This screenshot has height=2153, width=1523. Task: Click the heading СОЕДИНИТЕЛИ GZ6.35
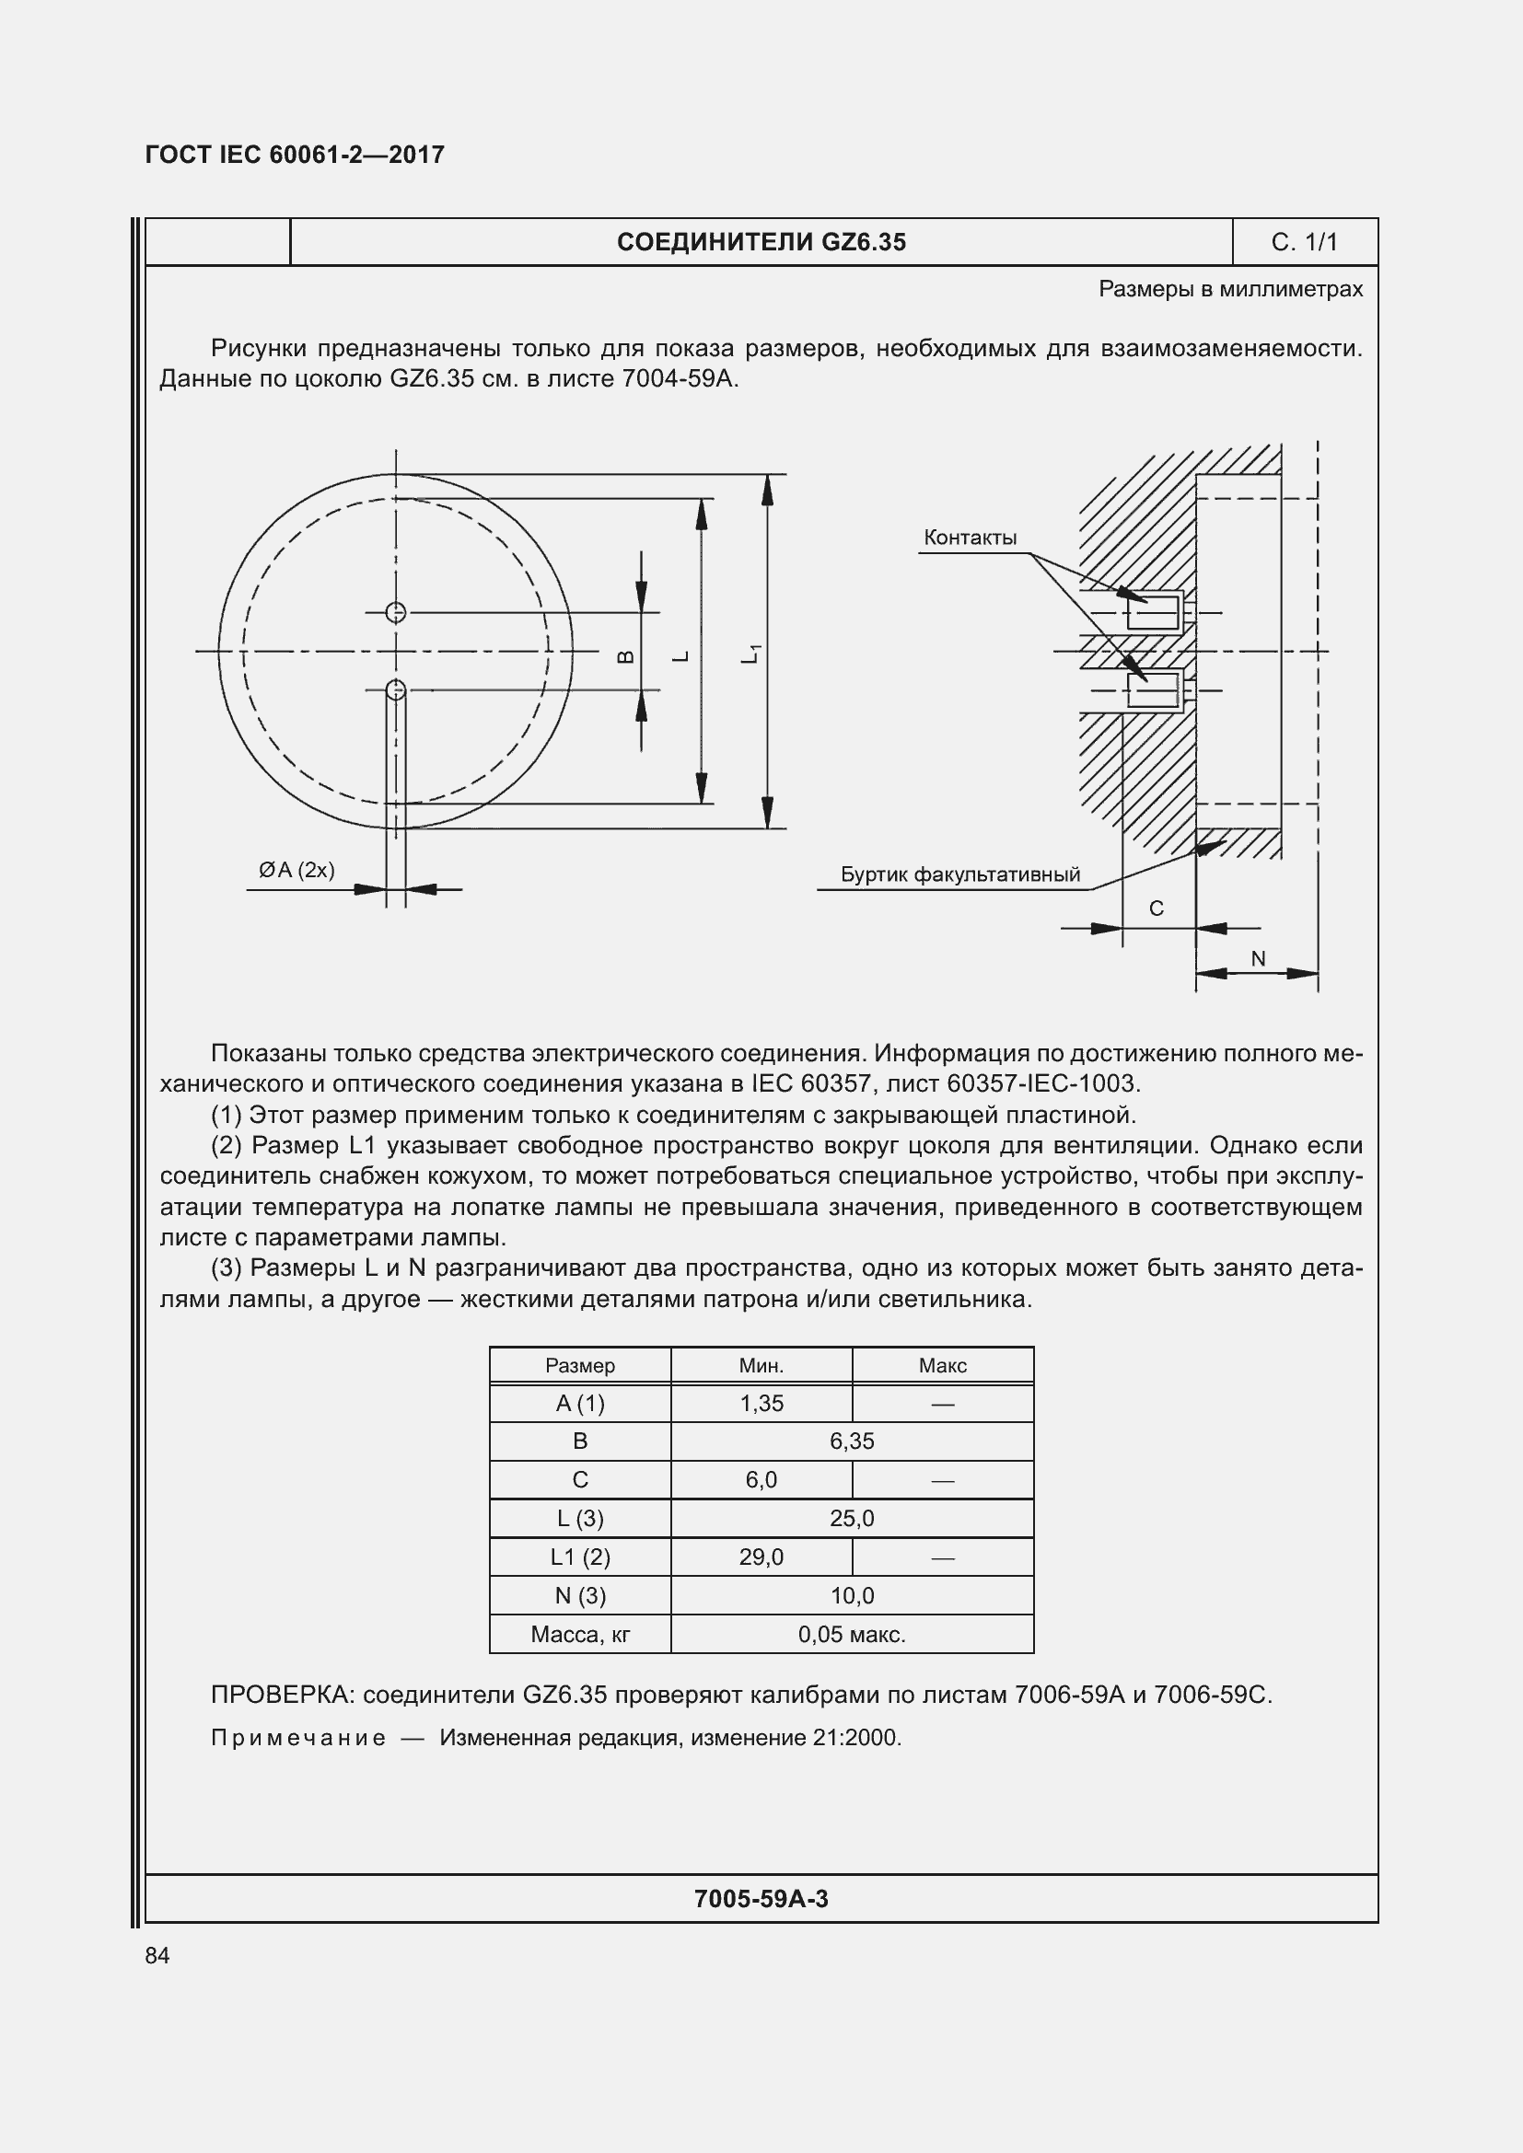coord(761,242)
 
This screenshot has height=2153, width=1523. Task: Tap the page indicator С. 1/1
coord(1304,242)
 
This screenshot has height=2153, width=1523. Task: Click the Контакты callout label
coord(970,538)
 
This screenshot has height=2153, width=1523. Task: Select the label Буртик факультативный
coord(959,874)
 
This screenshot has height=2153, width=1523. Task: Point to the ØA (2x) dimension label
coord(296,869)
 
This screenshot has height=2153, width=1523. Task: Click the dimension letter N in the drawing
coord(1258,958)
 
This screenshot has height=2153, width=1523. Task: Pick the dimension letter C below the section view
coord(1156,908)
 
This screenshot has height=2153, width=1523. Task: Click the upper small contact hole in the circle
coord(396,612)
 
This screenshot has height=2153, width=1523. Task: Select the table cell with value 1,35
coord(761,1403)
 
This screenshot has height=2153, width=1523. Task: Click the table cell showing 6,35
coord(852,1441)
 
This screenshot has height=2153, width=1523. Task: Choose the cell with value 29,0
coord(761,1557)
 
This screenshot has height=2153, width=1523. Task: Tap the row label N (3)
coord(579,1595)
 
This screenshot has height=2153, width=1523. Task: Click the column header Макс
coord(942,1365)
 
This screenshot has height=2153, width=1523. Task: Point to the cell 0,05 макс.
coord(852,1635)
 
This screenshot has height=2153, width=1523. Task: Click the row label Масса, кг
coord(579,1635)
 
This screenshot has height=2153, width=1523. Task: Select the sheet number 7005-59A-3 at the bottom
coord(761,1899)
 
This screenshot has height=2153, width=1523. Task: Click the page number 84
coord(157,1955)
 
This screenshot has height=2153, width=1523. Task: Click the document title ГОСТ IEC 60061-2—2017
coord(295,155)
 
